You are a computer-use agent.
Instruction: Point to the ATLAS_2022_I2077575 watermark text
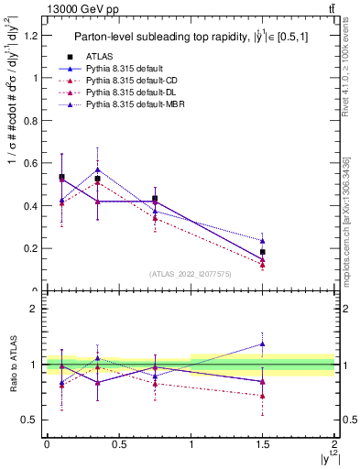[x=191, y=273]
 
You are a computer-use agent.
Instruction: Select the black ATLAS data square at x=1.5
[x=263, y=252]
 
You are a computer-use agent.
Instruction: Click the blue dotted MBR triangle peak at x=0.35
[x=97, y=169]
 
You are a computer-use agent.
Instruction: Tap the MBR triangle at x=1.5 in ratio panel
[x=263, y=344]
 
